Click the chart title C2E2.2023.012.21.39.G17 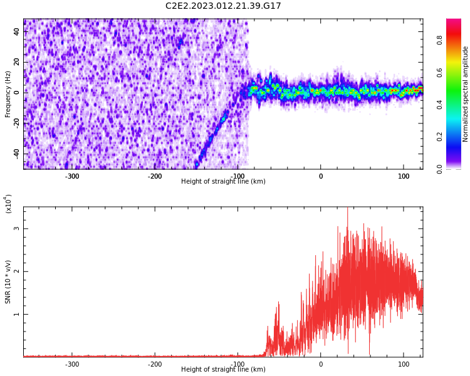223,6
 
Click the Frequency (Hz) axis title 8,94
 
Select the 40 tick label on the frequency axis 16,31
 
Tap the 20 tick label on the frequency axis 16,62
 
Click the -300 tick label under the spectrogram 71,176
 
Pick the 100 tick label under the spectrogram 404,176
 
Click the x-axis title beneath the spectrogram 223,181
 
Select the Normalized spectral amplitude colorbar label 465,94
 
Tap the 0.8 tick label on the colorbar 439,40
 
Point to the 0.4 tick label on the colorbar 439,105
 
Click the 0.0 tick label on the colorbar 439,169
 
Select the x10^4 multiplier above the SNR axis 8,204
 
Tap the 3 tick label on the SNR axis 16,229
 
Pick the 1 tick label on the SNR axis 16,314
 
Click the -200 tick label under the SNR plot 155,364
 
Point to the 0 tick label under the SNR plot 321,364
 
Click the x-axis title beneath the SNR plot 223,369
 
